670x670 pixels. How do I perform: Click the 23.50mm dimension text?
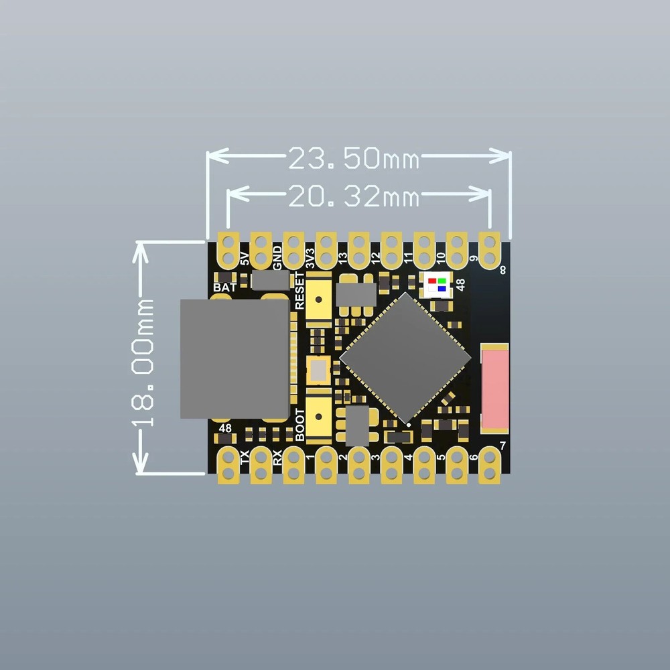click(x=353, y=159)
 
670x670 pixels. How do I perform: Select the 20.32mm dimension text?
click(x=353, y=197)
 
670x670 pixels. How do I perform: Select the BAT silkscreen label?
click(x=224, y=287)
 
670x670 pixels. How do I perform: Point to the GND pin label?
click(x=277, y=256)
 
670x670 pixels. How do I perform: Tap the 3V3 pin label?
click(x=310, y=259)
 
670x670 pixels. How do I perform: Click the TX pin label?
click(x=245, y=458)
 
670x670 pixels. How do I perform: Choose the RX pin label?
click(x=277, y=458)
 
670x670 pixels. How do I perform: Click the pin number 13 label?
click(x=343, y=258)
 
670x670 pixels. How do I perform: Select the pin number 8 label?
click(x=503, y=271)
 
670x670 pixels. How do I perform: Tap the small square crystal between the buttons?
click(x=318, y=369)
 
